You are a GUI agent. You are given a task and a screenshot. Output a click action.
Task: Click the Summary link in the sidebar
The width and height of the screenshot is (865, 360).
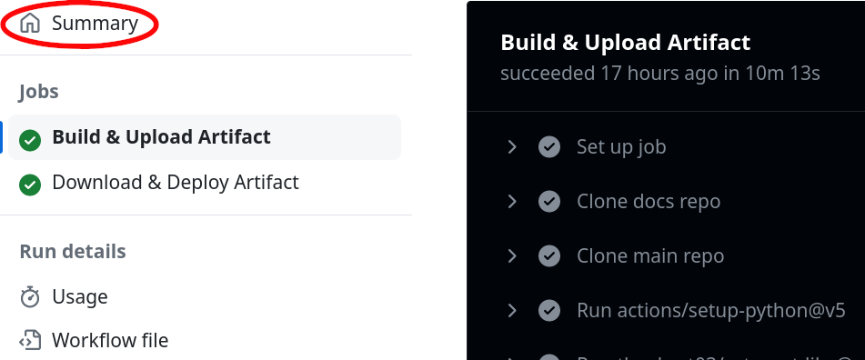pyautogui.click(x=95, y=24)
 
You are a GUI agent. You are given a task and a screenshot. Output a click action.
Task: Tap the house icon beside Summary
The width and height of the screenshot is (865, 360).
pyautogui.click(x=30, y=24)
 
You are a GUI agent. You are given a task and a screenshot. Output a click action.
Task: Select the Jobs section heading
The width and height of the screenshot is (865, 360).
pyautogui.click(x=39, y=91)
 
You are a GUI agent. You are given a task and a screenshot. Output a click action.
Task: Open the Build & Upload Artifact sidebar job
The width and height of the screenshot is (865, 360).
pyautogui.click(x=161, y=137)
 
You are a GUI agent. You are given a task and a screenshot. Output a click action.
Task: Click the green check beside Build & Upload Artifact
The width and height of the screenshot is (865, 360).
pyautogui.click(x=30, y=139)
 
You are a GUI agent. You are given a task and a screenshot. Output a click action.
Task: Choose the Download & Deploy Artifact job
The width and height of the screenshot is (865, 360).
pyautogui.click(x=176, y=183)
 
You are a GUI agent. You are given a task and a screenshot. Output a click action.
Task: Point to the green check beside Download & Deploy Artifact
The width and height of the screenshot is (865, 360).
pyautogui.click(x=30, y=185)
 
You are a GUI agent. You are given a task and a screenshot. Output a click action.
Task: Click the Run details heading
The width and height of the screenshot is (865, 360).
pyautogui.click(x=73, y=251)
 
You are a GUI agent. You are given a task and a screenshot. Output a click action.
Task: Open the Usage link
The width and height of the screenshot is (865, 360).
pyautogui.click(x=80, y=296)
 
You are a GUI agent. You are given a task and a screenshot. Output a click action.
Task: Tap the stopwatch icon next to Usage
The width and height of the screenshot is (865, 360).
pyautogui.click(x=30, y=296)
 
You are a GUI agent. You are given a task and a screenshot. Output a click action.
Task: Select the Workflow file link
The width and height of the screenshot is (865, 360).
pyautogui.click(x=110, y=341)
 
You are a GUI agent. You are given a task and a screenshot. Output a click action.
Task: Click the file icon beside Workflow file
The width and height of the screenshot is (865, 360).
pyautogui.click(x=30, y=341)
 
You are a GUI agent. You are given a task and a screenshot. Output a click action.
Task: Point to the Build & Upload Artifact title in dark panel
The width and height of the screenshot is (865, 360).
pyautogui.click(x=626, y=43)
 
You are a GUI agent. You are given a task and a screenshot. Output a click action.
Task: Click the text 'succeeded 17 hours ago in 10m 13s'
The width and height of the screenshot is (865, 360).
pyautogui.click(x=660, y=74)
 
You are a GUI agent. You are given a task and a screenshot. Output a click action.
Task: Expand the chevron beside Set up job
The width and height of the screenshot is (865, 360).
pyautogui.click(x=512, y=146)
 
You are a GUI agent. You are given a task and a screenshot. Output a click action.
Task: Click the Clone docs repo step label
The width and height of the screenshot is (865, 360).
pyautogui.click(x=649, y=201)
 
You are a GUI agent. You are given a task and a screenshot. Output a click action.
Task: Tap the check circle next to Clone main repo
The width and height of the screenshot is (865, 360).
pyautogui.click(x=548, y=256)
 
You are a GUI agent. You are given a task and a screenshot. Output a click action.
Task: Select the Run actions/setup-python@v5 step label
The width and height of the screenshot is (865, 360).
pyautogui.click(x=711, y=311)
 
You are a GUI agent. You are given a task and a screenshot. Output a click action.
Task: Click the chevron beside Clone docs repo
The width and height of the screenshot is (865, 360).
pyautogui.click(x=512, y=201)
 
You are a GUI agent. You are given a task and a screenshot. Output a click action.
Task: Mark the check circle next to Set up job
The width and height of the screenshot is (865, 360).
pyautogui.click(x=548, y=146)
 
